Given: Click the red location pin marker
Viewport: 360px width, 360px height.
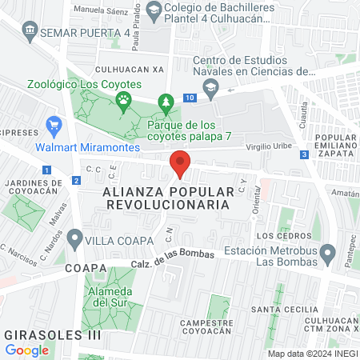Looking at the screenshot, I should [x=180, y=164].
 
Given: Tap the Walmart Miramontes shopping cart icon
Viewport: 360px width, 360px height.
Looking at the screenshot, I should [x=54, y=125].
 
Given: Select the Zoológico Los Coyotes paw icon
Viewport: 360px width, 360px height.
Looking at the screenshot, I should [x=123, y=100].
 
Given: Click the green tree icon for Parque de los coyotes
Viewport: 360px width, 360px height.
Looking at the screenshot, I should [x=166, y=102].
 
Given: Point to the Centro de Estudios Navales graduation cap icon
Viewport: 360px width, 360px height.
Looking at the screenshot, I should [x=210, y=89].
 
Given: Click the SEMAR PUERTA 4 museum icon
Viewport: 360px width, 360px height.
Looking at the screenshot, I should [x=30, y=31].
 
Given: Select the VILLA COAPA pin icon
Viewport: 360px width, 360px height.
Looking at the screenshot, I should [x=75, y=238].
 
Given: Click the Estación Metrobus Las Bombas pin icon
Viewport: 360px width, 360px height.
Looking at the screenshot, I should [x=326, y=254].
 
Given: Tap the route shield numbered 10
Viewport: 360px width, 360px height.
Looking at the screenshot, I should [x=189, y=98].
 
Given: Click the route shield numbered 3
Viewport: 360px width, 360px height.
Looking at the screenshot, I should [x=304, y=154].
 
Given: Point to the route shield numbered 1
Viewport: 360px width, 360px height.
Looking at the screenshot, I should [x=47, y=170].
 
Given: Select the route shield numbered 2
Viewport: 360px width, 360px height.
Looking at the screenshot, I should [x=75, y=181].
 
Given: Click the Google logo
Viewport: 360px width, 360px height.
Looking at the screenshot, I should [x=26, y=350].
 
